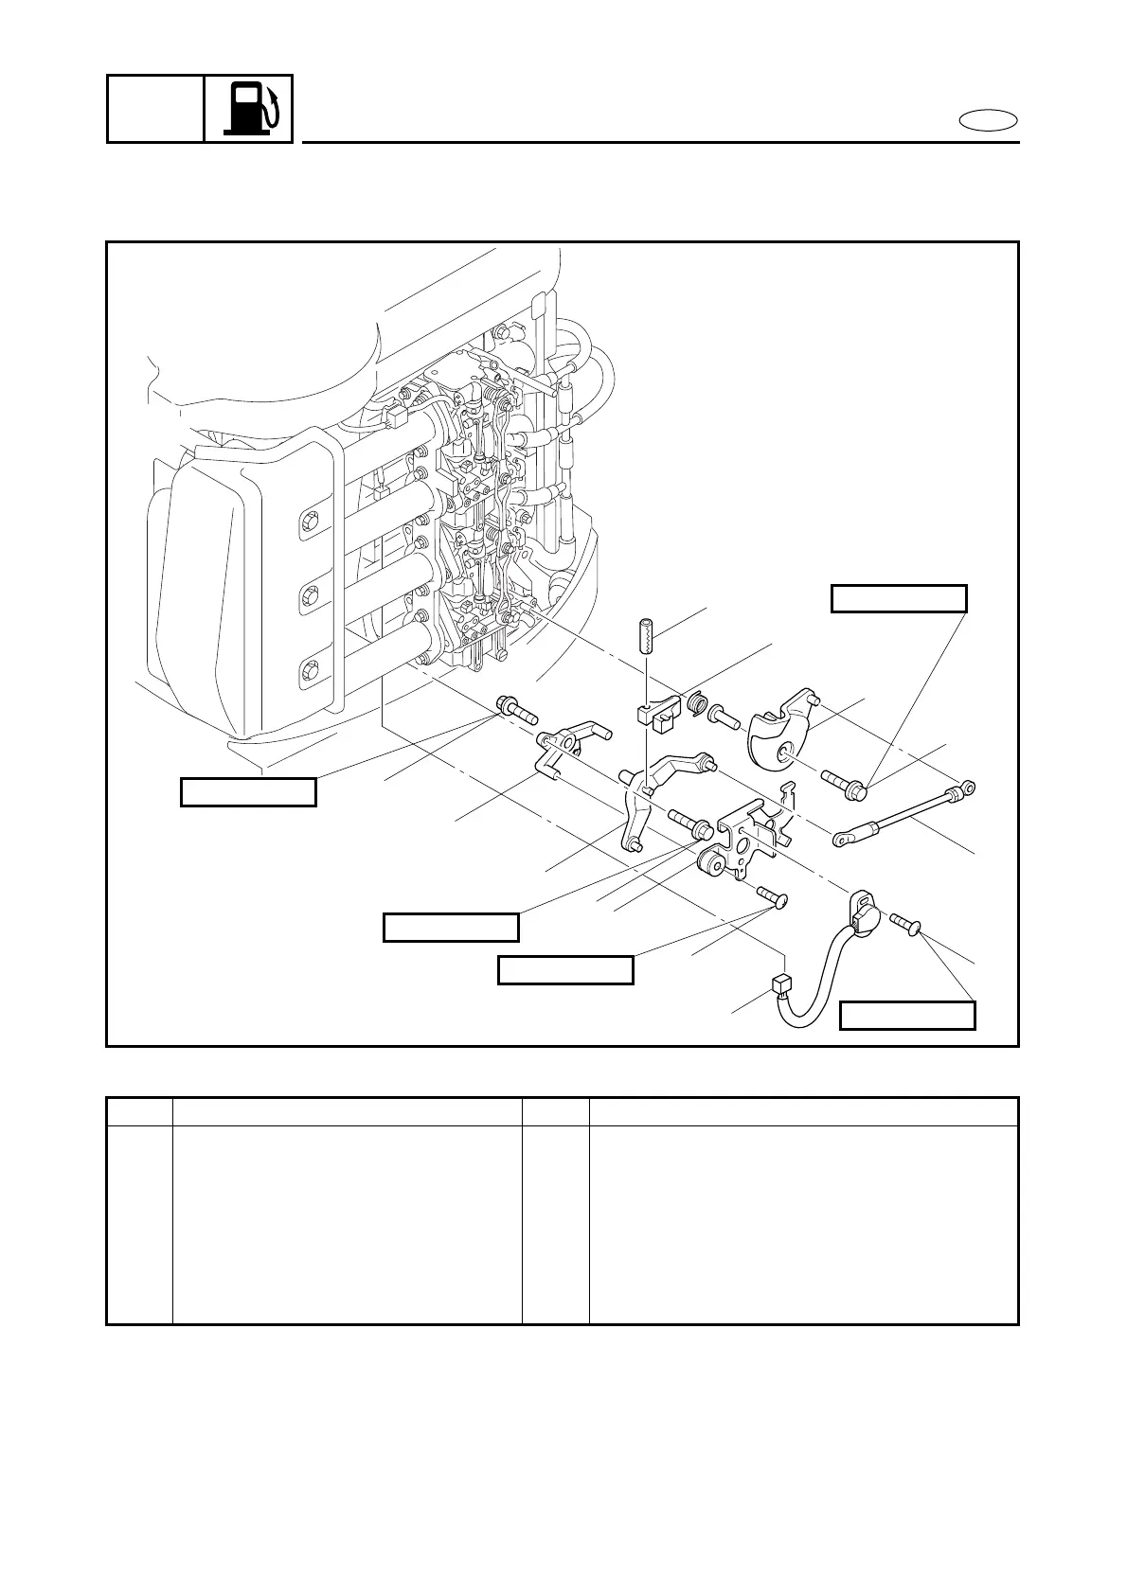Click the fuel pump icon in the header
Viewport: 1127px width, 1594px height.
click(x=249, y=108)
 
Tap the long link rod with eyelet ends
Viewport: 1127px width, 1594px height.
click(x=904, y=811)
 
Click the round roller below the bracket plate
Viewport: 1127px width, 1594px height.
click(x=709, y=863)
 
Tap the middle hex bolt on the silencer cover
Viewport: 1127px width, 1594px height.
click(x=309, y=597)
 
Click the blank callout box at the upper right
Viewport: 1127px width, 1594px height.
click(x=899, y=599)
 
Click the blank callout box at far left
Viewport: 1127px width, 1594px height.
click(x=248, y=792)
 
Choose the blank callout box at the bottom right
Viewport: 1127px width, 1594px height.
click(x=907, y=1016)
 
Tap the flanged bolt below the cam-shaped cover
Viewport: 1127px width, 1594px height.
click(x=843, y=783)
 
